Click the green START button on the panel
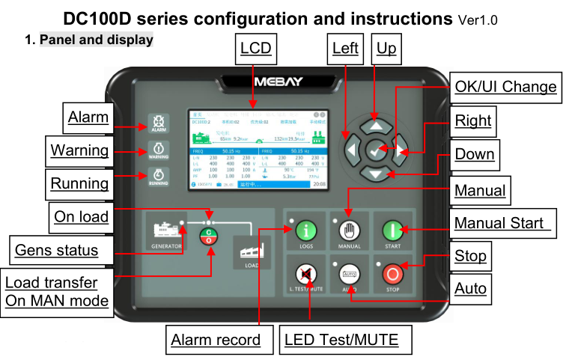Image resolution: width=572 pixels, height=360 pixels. click(x=393, y=231)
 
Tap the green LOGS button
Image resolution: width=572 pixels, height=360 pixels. click(x=305, y=231)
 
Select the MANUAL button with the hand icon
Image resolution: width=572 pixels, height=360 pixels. click(x=349, y=231)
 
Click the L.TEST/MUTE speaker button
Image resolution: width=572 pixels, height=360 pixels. click(x=305, y=274)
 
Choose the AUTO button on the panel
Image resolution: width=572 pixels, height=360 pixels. click(x=349, y=274)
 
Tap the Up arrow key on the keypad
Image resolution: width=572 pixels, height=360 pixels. click(x=377, y=126)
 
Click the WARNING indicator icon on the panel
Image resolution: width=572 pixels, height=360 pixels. click(x=159, y=150)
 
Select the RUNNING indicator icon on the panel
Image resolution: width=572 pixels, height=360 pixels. click(x=159, y=177)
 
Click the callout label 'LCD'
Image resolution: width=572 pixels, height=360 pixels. click(x=255, y=49)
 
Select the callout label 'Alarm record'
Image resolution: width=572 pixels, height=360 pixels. click(x=216, y=340)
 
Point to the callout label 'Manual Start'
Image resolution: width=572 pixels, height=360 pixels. click(x=502, y=222)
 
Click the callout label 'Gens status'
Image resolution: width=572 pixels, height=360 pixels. click(x=56, y=249)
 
